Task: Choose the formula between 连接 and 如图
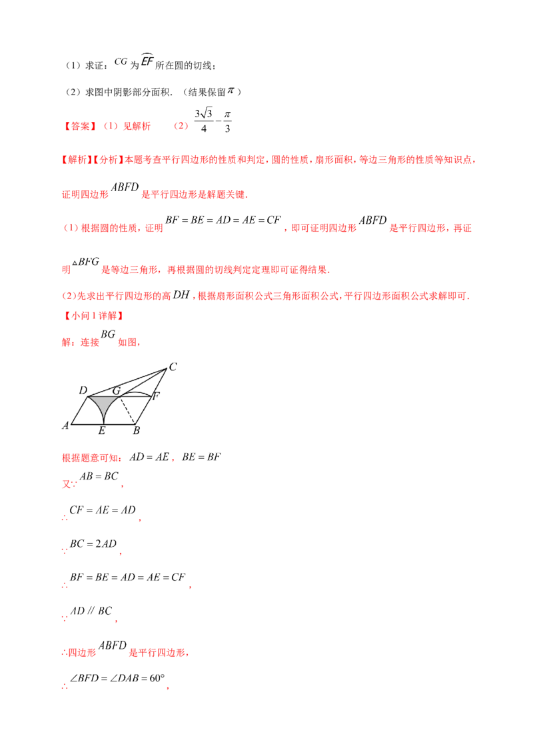click(110, 336)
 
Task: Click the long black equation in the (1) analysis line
click(224, 219)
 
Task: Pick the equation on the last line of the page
click(117, 679)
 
